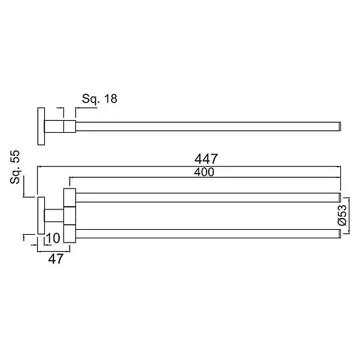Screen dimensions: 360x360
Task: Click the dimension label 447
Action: coord(206,159)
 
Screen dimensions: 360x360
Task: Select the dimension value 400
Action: coord(204,172)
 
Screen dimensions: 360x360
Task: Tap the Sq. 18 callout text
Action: coord(99,99)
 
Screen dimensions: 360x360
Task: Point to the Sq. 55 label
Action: coord(15,167)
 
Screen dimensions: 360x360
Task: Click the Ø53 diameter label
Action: coord(342,215)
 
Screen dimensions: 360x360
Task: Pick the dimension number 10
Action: coord(53,238)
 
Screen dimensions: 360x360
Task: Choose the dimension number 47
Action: coord(56,259)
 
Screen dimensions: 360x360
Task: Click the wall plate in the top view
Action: coord(41,127)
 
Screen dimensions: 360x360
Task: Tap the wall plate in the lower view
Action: coord(41,216)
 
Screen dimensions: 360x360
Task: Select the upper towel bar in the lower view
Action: coord(208,198)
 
